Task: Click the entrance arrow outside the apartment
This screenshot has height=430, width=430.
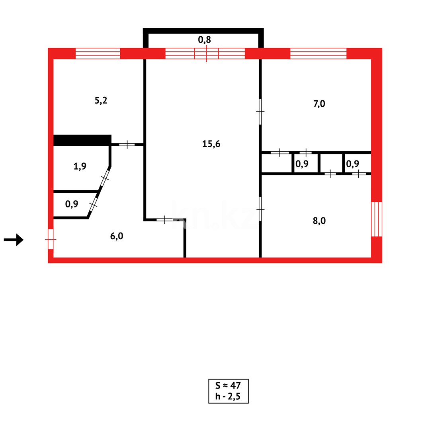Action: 14,240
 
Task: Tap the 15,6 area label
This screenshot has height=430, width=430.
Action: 211,144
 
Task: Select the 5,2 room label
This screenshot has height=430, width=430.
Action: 101,100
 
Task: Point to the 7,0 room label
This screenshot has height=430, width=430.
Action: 319,104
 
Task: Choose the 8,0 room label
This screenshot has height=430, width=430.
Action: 319,221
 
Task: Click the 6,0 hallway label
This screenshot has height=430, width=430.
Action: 117,236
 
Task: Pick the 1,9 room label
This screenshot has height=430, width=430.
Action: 80,167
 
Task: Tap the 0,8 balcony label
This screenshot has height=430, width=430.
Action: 204,39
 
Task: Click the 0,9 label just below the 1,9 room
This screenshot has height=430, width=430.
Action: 72,204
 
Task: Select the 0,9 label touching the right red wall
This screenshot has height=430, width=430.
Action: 353,163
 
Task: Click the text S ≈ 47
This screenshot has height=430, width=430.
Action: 228,385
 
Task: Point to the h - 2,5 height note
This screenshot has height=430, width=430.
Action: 228,397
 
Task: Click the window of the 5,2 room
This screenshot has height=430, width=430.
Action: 98,53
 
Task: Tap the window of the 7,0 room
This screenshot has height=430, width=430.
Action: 318,53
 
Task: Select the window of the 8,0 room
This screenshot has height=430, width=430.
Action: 377,219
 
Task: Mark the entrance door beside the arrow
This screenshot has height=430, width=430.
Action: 51,239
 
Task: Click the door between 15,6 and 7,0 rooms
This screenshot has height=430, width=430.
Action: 260,111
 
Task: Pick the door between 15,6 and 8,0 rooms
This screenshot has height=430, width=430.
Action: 260,209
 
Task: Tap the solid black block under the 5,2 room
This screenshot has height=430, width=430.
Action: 82,140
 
